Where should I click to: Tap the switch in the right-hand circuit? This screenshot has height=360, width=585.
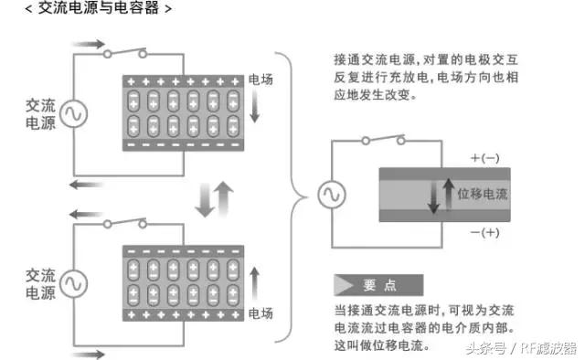[x=385, y=141]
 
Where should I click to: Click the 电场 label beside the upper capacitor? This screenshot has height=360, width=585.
[x=261, y=80]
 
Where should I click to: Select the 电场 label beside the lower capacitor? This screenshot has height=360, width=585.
[x=261, y=314]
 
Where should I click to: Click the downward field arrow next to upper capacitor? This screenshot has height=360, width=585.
[x=256, y=110]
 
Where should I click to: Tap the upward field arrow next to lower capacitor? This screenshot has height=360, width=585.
[x=256, y=280]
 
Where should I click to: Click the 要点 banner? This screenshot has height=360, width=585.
[x=378, y=283]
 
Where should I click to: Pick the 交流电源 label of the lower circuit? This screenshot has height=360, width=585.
[x=41, y=283]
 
